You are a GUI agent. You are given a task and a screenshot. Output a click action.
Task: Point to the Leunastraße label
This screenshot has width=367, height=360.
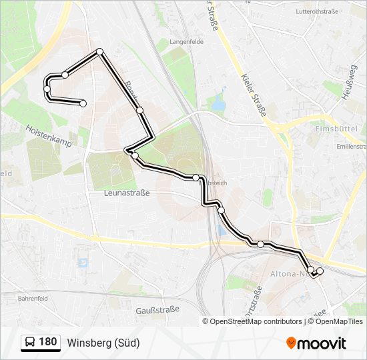pos(127,193)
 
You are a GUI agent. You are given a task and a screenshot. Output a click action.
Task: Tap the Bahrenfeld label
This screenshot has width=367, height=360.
pos(34,299)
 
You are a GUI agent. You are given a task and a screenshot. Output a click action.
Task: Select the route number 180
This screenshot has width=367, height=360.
pos(47,342)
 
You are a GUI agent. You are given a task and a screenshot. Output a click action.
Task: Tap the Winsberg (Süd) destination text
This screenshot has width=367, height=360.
pos(103,343)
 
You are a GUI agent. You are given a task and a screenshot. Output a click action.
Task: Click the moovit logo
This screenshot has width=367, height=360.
pos(316,343)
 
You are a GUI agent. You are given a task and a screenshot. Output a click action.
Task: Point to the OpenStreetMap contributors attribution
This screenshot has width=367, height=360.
pos(256,321)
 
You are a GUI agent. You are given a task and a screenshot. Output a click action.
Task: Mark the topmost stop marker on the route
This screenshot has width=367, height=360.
pos(100,51)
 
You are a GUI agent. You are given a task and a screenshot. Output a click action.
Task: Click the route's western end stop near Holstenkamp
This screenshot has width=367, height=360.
pos(83,103)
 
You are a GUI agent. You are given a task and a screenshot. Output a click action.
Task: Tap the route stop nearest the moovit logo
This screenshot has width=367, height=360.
pos(320,271)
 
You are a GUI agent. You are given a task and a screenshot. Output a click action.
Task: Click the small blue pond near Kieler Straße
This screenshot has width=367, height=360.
pos(218,103)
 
